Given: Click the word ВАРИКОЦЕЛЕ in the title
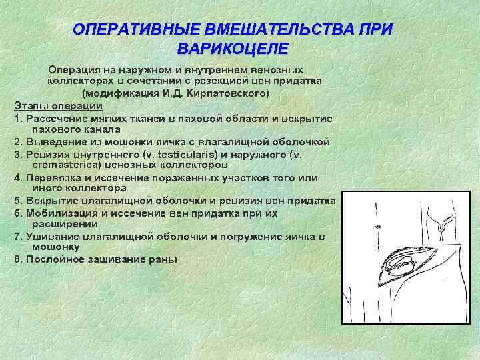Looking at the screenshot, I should click(233, 49).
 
